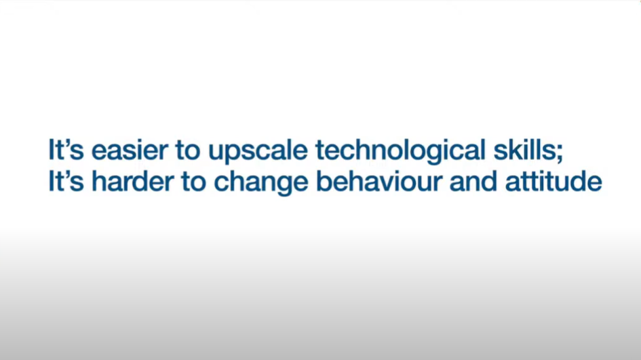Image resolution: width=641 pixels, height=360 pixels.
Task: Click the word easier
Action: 130,150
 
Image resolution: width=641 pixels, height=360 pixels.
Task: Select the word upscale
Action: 258,152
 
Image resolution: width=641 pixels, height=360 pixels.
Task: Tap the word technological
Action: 400,152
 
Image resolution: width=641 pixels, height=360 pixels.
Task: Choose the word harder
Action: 132,181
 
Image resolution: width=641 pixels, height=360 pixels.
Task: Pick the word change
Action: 261,183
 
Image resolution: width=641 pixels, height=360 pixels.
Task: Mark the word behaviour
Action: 379,181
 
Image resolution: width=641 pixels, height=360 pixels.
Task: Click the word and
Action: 473,181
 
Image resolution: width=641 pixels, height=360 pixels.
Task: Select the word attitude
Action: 553,181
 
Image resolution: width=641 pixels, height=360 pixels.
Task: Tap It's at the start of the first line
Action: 66,150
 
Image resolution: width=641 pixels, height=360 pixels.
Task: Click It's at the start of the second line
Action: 66,181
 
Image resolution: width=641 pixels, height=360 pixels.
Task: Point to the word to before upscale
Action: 188,151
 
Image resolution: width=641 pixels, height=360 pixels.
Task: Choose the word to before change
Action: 194,182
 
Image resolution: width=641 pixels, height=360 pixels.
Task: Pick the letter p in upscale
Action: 235,155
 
